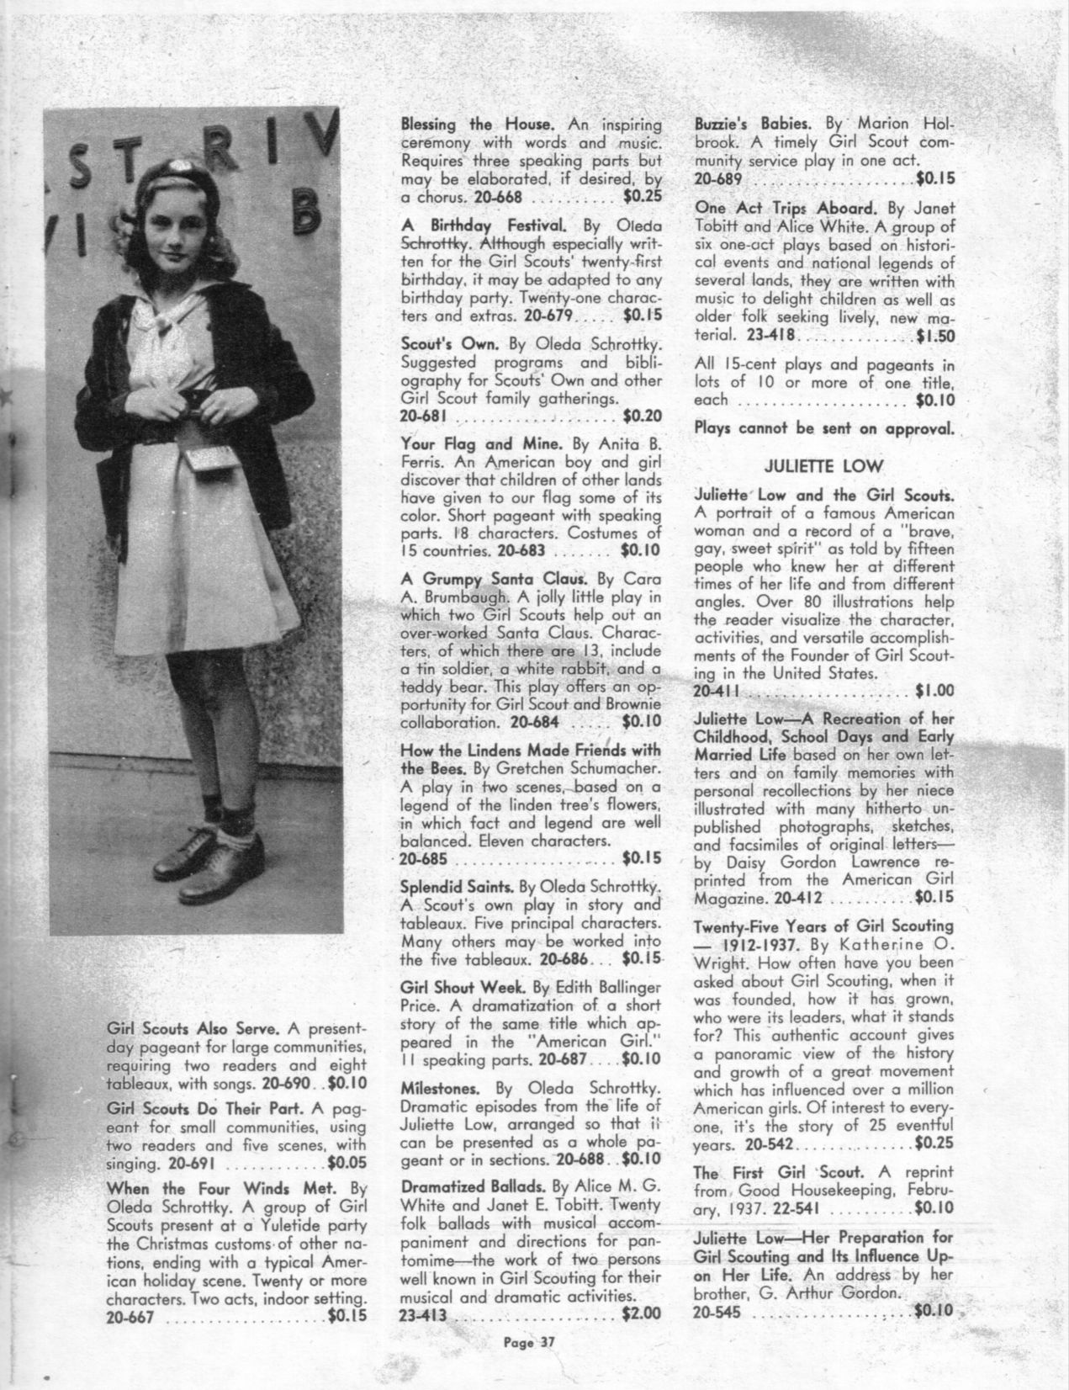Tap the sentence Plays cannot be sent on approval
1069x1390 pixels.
pyautogui.click(x=824, y=427)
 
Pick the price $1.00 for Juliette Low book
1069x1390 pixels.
pyautogui.click(x=934, y=691)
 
